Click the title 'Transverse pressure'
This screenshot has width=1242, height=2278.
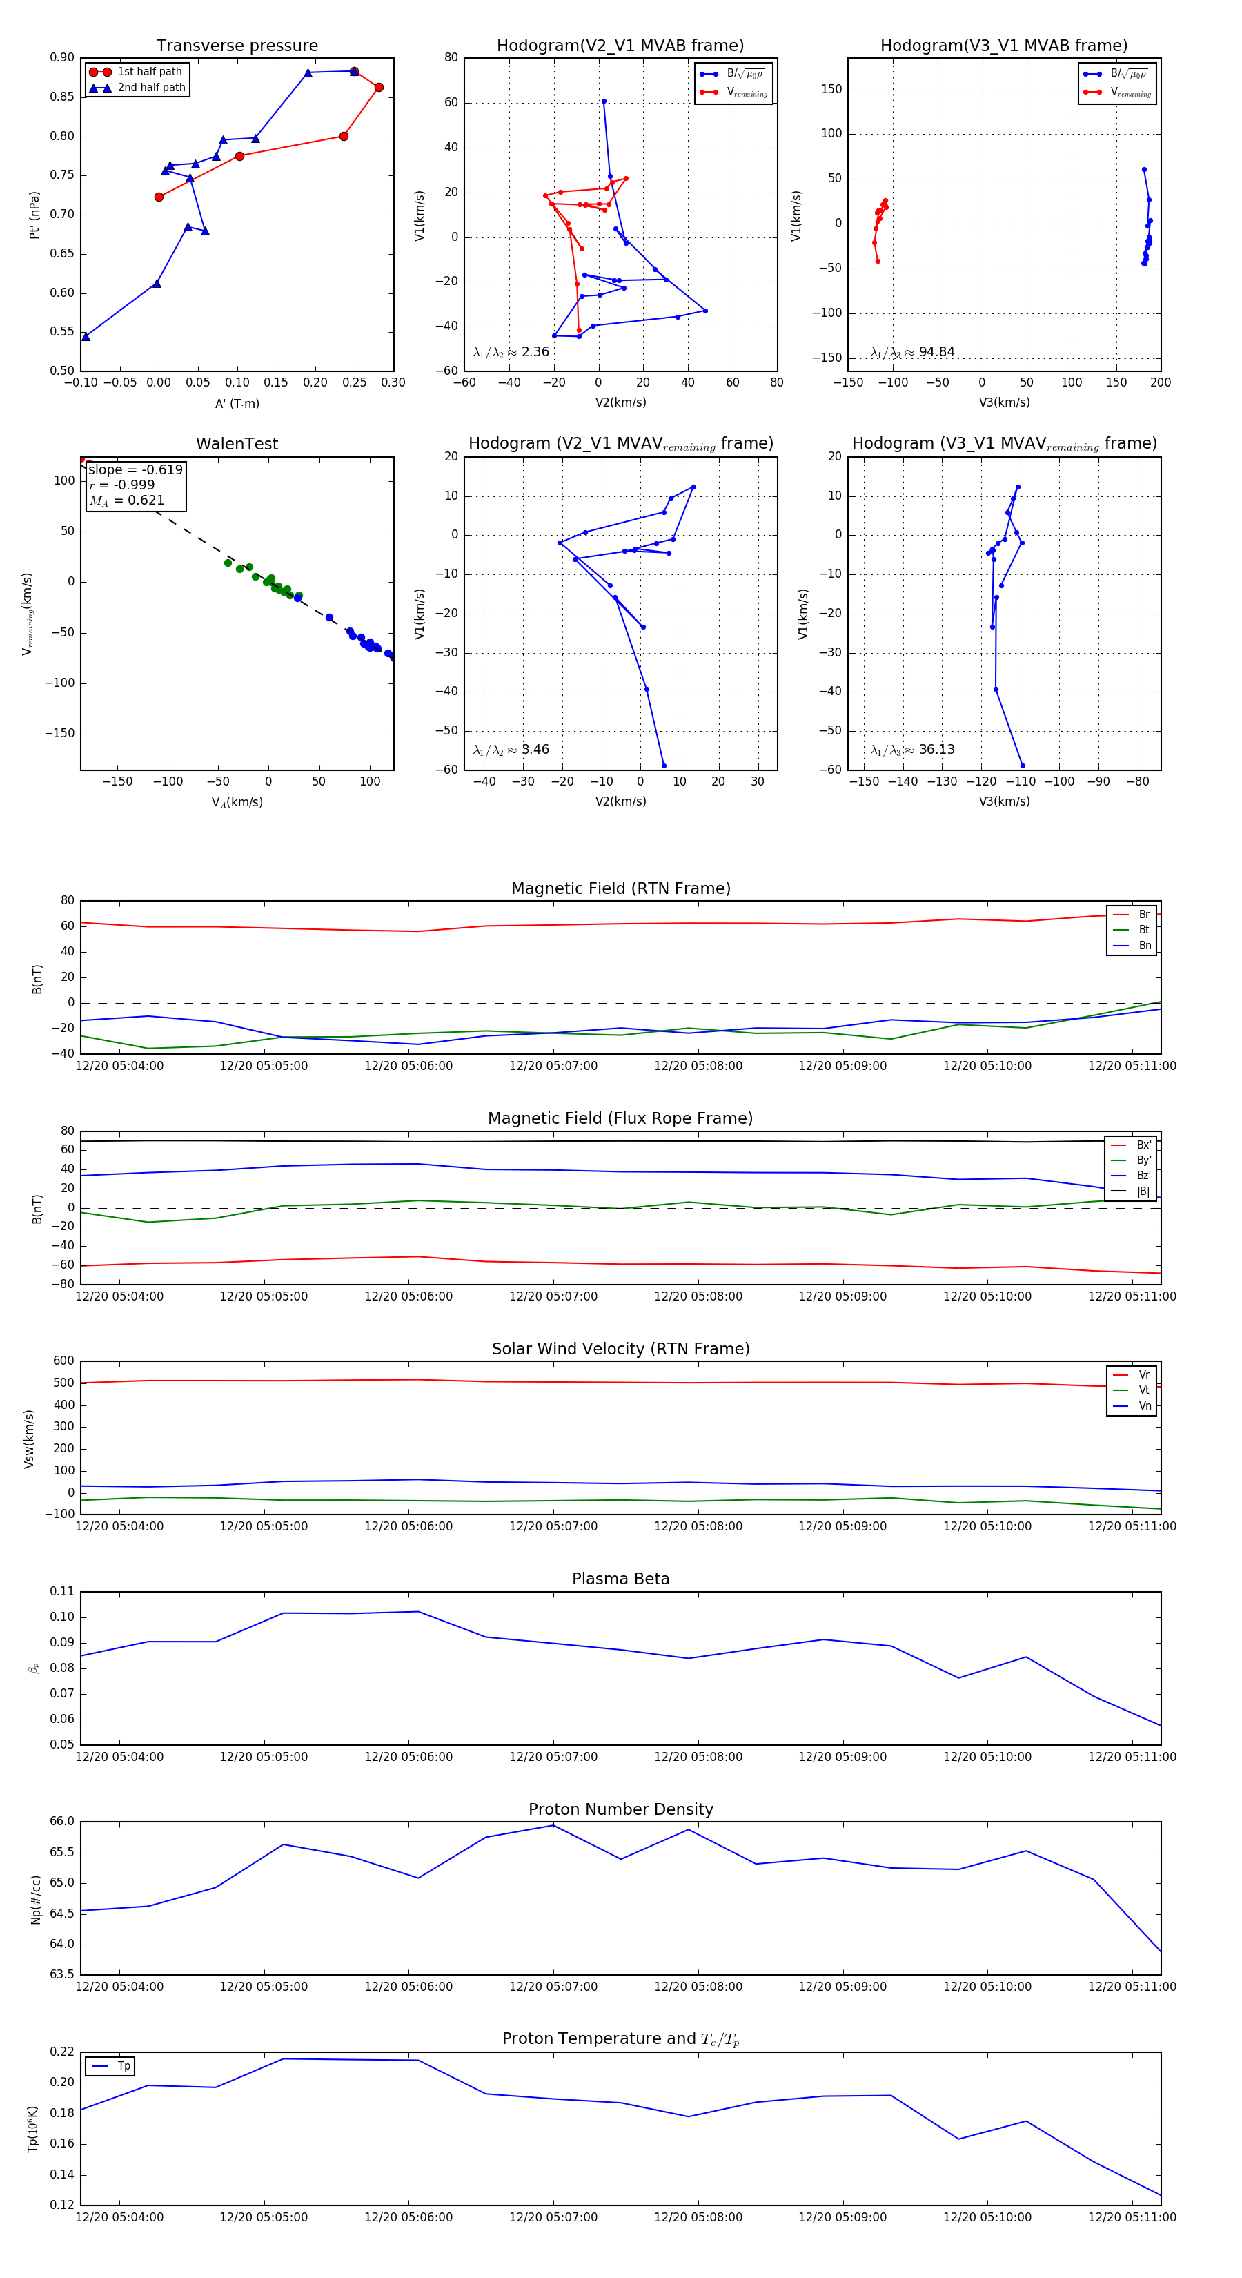237,46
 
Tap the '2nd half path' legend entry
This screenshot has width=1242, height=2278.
151,88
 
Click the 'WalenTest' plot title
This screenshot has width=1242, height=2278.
237,444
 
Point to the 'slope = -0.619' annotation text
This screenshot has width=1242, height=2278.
135,469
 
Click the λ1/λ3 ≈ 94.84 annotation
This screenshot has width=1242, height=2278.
912,352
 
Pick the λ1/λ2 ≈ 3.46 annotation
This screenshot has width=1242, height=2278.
511,750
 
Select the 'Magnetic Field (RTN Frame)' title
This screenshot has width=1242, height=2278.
620,888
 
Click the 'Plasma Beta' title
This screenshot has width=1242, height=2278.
620,1579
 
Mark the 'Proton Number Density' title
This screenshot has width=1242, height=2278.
620,1809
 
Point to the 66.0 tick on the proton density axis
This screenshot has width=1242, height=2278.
62,1822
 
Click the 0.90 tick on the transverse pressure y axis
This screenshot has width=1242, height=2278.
62,57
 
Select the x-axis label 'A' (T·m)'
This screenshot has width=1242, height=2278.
237,403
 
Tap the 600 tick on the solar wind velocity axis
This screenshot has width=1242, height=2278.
63,1361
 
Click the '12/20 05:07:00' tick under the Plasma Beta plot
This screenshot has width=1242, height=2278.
553,1757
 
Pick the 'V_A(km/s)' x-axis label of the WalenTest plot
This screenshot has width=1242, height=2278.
237,802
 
